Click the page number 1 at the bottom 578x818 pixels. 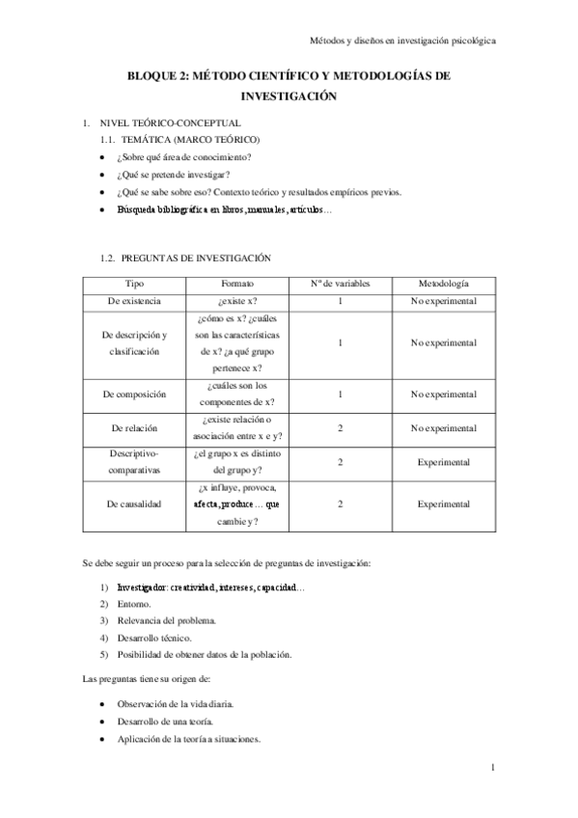pyautogui.click(x=492, y=768)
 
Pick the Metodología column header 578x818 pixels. pyautogui.click(x=443, y=284)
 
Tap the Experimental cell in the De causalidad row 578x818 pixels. pyautogui.click(x=443, y=504)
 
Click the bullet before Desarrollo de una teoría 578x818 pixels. pyautogui.click(x=103, y=723)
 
